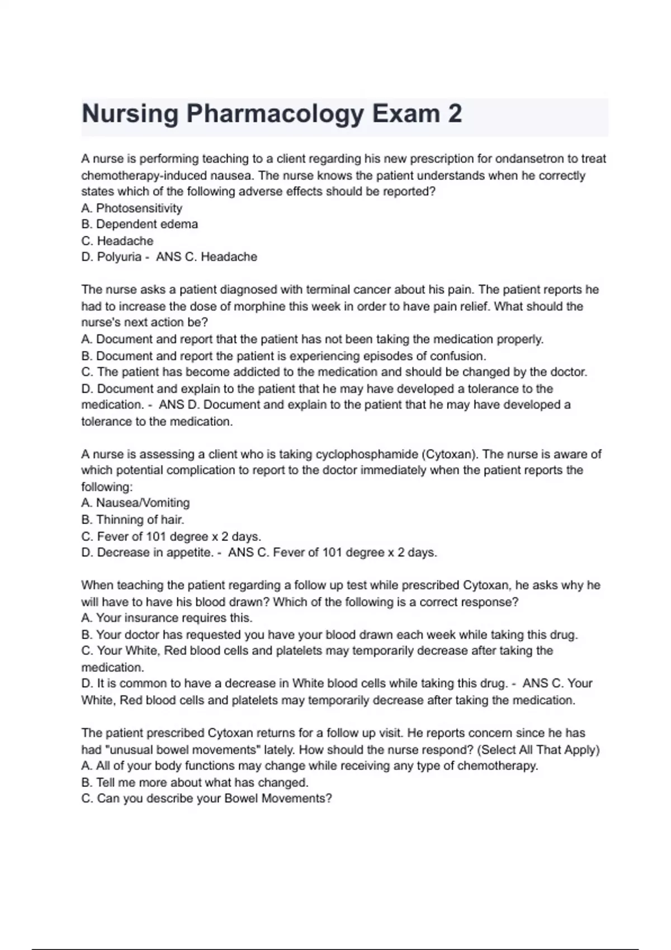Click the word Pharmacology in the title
(275, 114)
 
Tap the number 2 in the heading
(455, 114)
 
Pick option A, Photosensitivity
(132, 208)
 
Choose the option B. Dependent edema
(140, 225)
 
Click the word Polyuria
(119, 257)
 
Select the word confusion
(456, 356)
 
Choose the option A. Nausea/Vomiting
(136, 503)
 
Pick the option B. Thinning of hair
(133, 520)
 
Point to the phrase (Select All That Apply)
(538, 750)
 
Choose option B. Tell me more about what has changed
(195, 782)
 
